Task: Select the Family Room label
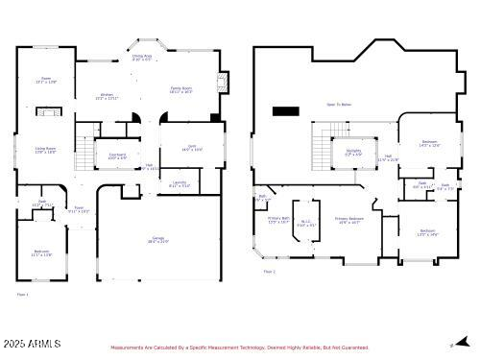pos(182,89)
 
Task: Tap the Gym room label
pos(192,147)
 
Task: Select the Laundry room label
pos(180,183)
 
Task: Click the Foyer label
pos(80,208)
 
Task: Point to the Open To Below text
pos(337,104)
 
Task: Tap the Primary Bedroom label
pos(348,220)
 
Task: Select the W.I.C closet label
pos(306,223)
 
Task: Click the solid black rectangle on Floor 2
pos(285,111)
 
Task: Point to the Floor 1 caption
pos(22,294)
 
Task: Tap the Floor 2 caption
pos(269,273)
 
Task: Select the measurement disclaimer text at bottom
pos(240,348)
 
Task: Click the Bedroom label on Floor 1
pos(41,252)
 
